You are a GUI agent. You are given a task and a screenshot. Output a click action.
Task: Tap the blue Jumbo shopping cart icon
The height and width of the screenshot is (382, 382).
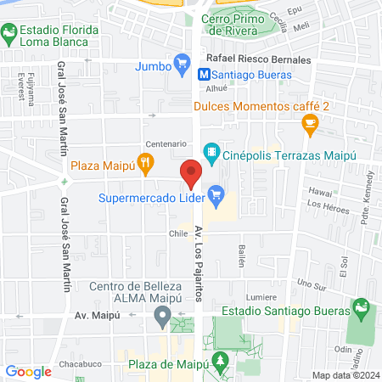pos(180,61)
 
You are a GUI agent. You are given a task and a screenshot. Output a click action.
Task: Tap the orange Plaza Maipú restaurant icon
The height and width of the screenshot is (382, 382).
pos(148,165)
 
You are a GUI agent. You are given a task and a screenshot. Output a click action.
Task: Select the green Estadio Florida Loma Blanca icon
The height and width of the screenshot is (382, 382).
pos(9,34)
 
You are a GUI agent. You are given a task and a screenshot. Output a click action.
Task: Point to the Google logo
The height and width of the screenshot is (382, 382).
pos(29,371)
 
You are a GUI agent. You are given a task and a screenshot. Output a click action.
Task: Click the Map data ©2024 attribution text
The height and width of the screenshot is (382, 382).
pos(345,375)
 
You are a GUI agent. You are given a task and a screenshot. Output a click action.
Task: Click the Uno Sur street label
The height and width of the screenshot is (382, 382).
pos(312,284)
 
